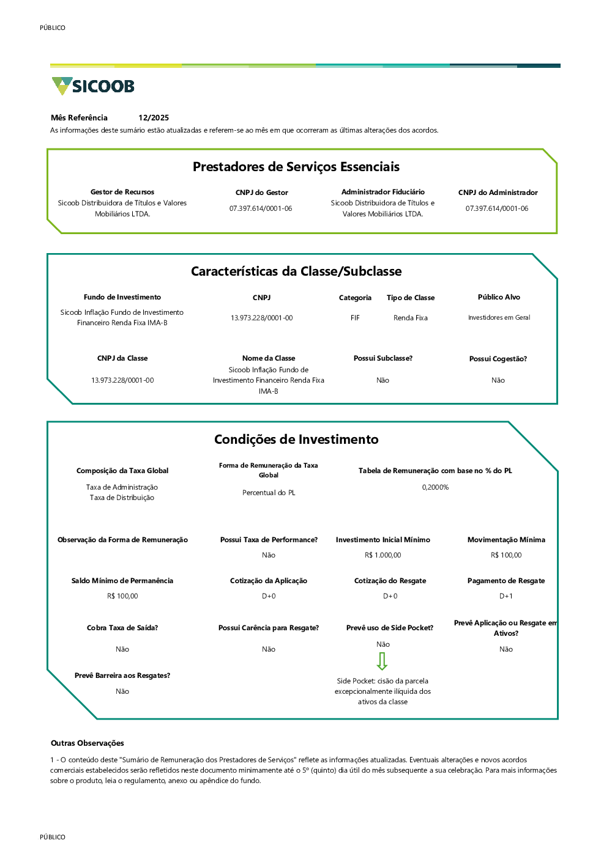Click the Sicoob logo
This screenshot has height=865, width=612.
tap(93, 86)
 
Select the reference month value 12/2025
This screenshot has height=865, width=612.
tap(154, 118)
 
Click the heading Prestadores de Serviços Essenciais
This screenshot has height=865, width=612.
tap(296, 167)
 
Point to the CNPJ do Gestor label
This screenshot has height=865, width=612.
tap(261, 193)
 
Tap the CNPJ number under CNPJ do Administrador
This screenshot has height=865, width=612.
tap(496, 208)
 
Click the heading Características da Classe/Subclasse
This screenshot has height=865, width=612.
tap(296, 271)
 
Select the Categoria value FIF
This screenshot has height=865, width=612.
tap(355, 318)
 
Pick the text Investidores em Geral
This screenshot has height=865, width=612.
tap(499, 318)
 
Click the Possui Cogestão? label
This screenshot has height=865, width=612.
tap(498, 359)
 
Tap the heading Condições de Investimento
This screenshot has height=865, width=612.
tap(296, 440)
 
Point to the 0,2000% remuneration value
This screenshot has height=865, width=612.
tap(435, 487)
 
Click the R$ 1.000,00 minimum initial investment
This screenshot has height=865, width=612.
tap(382, 555)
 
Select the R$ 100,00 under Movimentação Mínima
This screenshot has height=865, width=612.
tap(506, 555)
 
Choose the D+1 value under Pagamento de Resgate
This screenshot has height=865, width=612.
tap(506, 596)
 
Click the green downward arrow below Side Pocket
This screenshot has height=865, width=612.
tap(382, 661)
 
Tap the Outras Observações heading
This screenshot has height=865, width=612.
tap(88, 743)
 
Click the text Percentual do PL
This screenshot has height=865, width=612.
tap(269, 493)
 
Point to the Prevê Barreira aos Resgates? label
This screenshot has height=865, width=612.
tap(122, 675)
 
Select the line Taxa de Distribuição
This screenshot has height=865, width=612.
tap(122, 498)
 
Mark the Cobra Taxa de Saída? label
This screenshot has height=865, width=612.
tap(122, 628)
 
